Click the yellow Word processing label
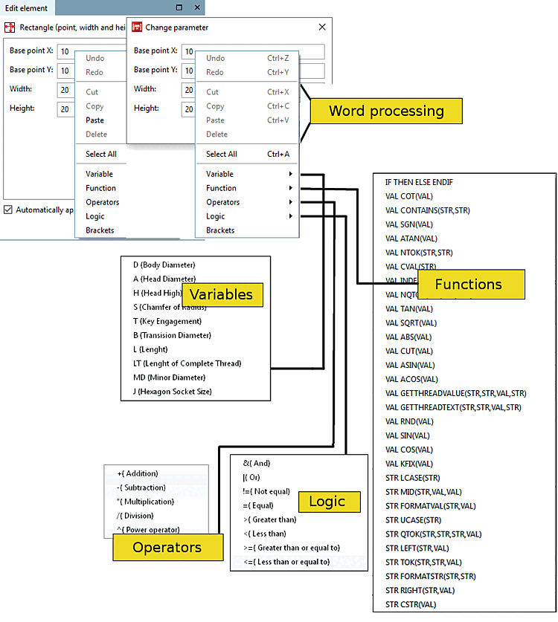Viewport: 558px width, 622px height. (386, 111)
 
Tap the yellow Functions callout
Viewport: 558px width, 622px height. (469, 284)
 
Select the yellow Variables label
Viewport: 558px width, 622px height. (221, 294)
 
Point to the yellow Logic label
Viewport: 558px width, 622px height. (327, 502)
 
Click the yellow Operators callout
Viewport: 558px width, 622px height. (167, 548)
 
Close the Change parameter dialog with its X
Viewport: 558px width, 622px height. (322, 27)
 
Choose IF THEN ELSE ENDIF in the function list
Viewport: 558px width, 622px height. (419, 182)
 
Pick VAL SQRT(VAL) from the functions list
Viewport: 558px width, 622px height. (411, 323)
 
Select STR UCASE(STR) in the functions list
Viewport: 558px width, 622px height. (413, 520)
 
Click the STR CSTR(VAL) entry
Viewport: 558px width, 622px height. (411, 605)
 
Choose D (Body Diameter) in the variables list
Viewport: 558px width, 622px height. (164, 265)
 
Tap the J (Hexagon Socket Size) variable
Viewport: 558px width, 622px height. (173, 392)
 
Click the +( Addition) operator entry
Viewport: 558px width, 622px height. (138, 473)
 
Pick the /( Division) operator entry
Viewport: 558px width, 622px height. (135, 516)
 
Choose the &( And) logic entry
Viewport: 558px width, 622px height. (257, 463)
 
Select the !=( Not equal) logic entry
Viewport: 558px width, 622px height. (266, 491)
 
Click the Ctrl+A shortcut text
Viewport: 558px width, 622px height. (278, 154)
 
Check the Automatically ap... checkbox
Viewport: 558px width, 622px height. (8, 210)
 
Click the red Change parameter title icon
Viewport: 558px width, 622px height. (137, 27)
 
